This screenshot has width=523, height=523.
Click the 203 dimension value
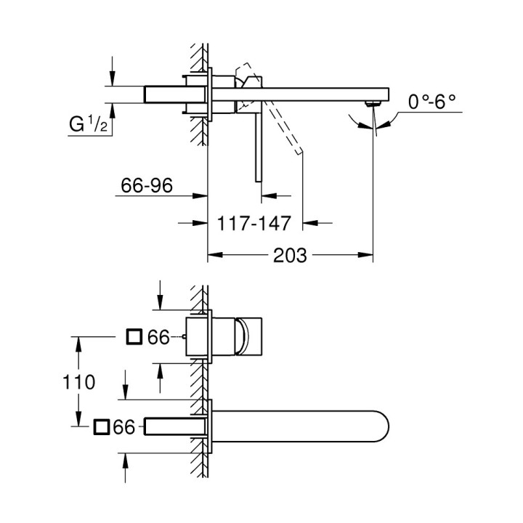[291, 256]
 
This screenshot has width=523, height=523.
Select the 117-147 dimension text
[254, 222]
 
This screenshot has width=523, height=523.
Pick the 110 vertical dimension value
[80, 382]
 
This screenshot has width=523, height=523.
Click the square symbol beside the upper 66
[134, 337]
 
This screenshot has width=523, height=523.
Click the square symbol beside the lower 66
[101, 427]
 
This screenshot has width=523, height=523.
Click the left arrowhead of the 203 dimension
[214, 256]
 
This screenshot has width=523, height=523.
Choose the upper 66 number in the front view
[158, 337]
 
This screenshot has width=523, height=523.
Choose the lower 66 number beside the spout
[125, 428]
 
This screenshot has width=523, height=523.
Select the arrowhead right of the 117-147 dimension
[309, 222]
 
